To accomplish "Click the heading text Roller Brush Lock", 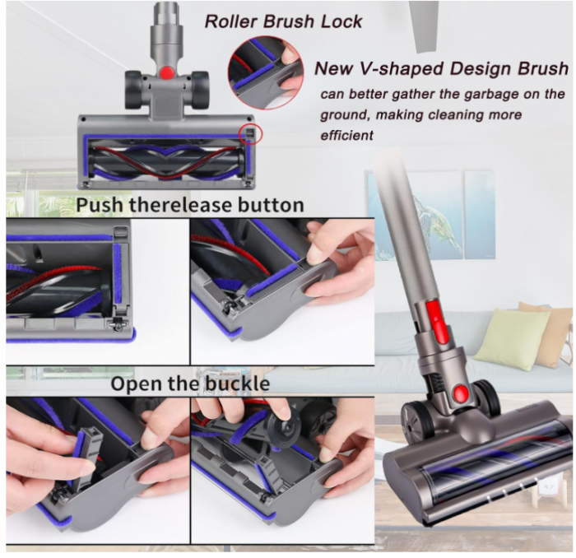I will [283, 21].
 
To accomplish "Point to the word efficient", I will [347, 134].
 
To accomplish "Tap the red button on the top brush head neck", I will [167, 72].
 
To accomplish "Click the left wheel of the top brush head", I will [133, 89].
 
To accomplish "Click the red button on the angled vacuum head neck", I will [461, 394].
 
